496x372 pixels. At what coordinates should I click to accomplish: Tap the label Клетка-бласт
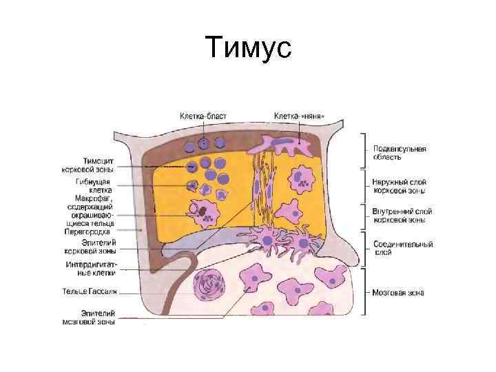[203, 116]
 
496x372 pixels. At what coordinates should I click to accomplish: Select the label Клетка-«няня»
[299, 116]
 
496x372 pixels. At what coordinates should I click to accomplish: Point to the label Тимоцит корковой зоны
[94, 164]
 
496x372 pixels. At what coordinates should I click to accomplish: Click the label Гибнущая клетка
[93, 186]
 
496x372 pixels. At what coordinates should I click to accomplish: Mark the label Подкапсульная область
[399, 152]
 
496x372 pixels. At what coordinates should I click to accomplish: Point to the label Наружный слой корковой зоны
[399, 186]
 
